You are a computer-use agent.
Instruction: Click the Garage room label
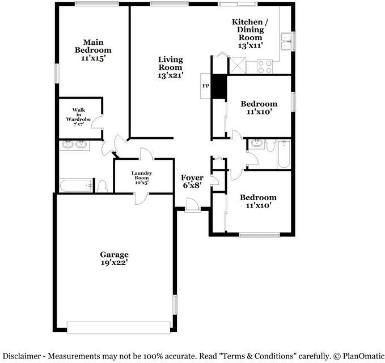pyautogui.click(x=115, y=259)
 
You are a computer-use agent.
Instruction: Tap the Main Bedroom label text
pyautogui.click(x=93, y=50)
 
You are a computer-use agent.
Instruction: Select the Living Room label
pyautogui.click(x=170, y=66)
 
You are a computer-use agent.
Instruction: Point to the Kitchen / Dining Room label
pyautogui.click(x=250, y=33)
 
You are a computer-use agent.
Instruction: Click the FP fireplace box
pyautogui.click(x=205, y=86)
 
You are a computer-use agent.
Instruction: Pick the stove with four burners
pyautogui.click(x=265, y=66)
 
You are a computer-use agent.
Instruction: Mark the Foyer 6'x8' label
pyautogui.click(x=192, y=181)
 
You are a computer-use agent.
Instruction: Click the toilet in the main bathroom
pyautogui.click(x=103, y=186)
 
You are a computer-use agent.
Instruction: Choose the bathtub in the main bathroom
pyautogui.click(x=75, y=185)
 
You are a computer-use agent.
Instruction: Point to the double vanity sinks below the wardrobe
pyautogui.click(x=74, y=145)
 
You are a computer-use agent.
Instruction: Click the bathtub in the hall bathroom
pyautogui.click(x=284, y=153)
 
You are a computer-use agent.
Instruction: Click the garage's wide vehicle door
pyautogui.click(x=119, y=327)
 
